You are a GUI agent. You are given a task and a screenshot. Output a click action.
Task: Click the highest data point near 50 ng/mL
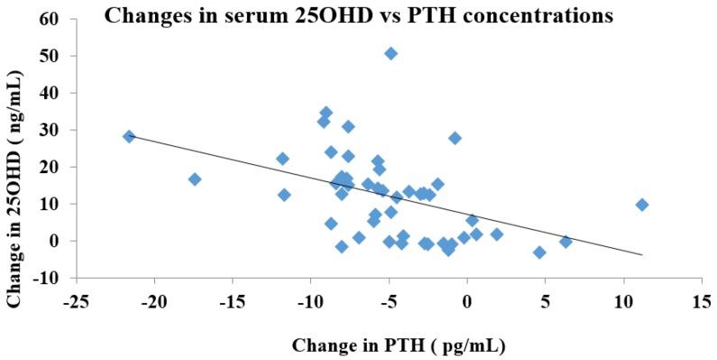point(391,53)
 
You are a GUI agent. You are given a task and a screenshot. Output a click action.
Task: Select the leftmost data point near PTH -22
point(129,136)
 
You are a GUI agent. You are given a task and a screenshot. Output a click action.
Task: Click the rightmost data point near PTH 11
point(642,205)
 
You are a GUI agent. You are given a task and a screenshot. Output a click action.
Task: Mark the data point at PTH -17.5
point(194,180)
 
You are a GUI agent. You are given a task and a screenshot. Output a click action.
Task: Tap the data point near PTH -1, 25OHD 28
point(455,138)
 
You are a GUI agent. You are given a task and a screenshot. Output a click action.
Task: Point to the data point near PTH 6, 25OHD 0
point(565,242)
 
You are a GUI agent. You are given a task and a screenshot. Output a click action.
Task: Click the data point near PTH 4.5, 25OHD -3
point(539,253)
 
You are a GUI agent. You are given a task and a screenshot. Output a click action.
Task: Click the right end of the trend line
point(642,255)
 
